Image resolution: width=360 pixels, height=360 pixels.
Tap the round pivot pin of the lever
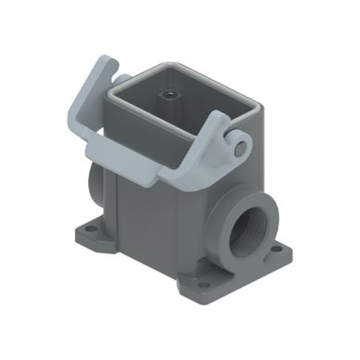coord(239,147)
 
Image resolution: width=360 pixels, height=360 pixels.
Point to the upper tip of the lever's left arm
coord(105,65)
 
